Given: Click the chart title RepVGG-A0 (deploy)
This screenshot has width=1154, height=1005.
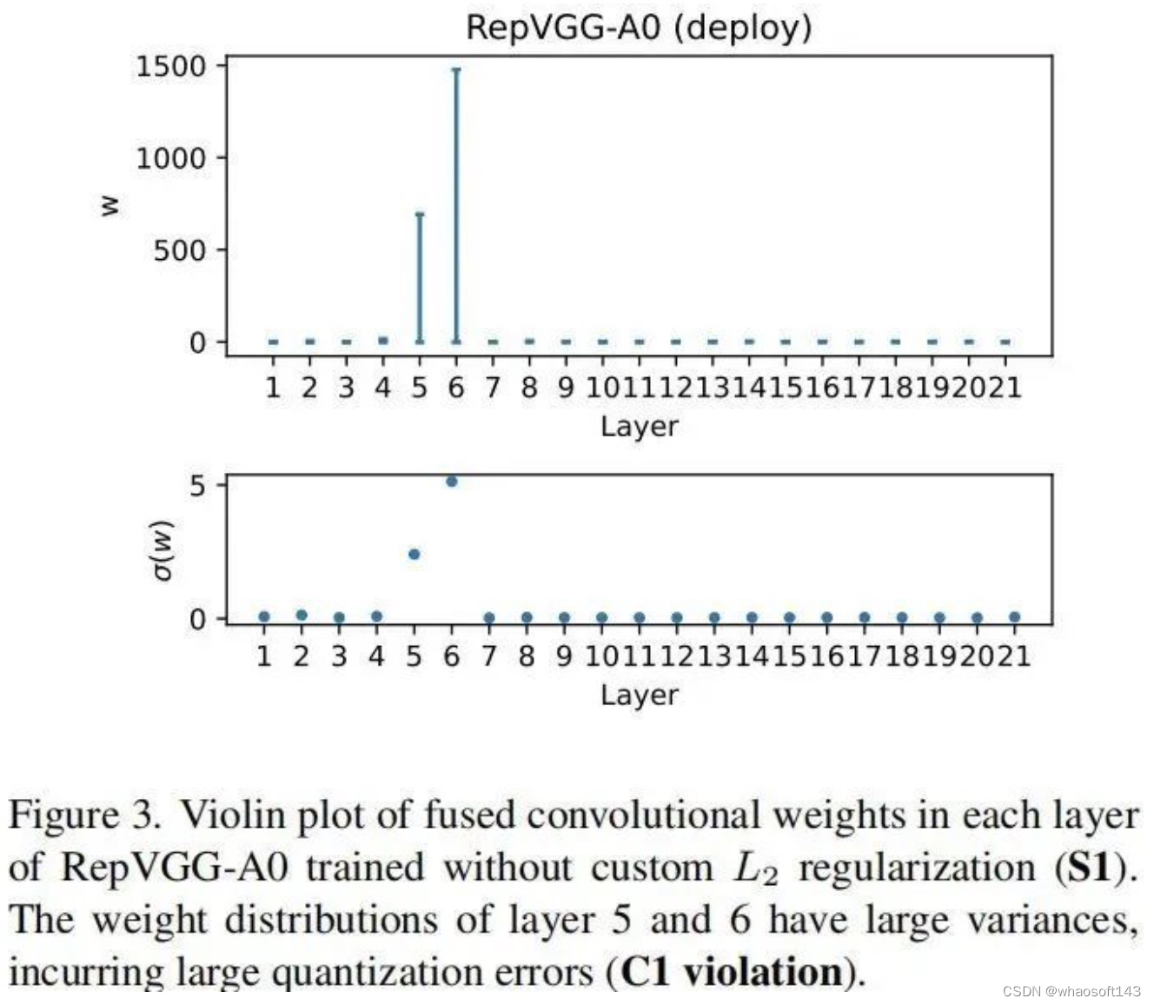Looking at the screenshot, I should [639, 27].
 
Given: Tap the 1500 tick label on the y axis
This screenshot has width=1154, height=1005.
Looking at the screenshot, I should [170, 66].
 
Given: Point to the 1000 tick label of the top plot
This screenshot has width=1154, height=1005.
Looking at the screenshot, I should [170, 158].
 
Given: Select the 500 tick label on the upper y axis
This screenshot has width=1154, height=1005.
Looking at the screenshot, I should [180, 250].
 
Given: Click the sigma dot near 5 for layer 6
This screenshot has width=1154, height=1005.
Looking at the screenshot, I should [452, 481].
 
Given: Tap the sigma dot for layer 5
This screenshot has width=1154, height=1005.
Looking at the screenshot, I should [415, 554].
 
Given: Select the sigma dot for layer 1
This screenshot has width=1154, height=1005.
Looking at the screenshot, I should [264, 617].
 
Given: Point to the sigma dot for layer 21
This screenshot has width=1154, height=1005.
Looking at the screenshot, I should [1014, 617].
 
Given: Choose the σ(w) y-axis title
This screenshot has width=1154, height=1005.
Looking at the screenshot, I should [162, 549].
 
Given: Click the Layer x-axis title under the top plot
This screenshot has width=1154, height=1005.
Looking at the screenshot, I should [639, 426].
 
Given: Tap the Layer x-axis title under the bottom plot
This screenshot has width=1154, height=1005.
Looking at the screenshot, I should [639, 695].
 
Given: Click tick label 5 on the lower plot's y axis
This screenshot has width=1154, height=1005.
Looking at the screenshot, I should [198, 485].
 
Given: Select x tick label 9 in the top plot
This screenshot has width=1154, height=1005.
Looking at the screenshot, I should [566, 387].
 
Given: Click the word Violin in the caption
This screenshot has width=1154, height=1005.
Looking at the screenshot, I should [233, 816].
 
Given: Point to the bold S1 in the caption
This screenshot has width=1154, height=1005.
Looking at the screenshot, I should [1091, 868].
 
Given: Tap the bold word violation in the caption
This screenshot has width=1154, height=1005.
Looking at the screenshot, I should [762, 972].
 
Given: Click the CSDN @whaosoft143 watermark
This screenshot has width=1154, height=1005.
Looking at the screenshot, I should [1071, 991].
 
